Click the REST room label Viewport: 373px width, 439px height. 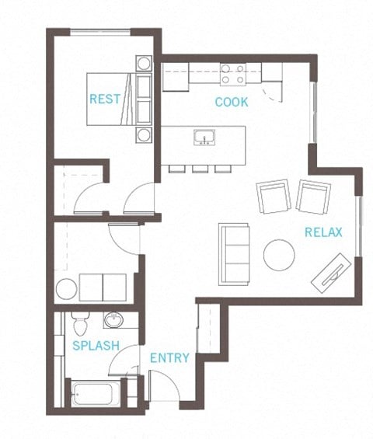(104, 99)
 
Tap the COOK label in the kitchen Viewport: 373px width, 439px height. (232, 102)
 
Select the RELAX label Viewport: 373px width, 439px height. (323, 232)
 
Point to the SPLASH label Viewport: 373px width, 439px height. (96, 345)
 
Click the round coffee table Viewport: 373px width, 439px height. (279, 255)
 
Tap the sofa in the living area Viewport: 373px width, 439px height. (235, 253)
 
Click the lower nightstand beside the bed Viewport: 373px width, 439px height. (144, 134)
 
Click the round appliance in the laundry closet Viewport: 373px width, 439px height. (66, 289)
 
